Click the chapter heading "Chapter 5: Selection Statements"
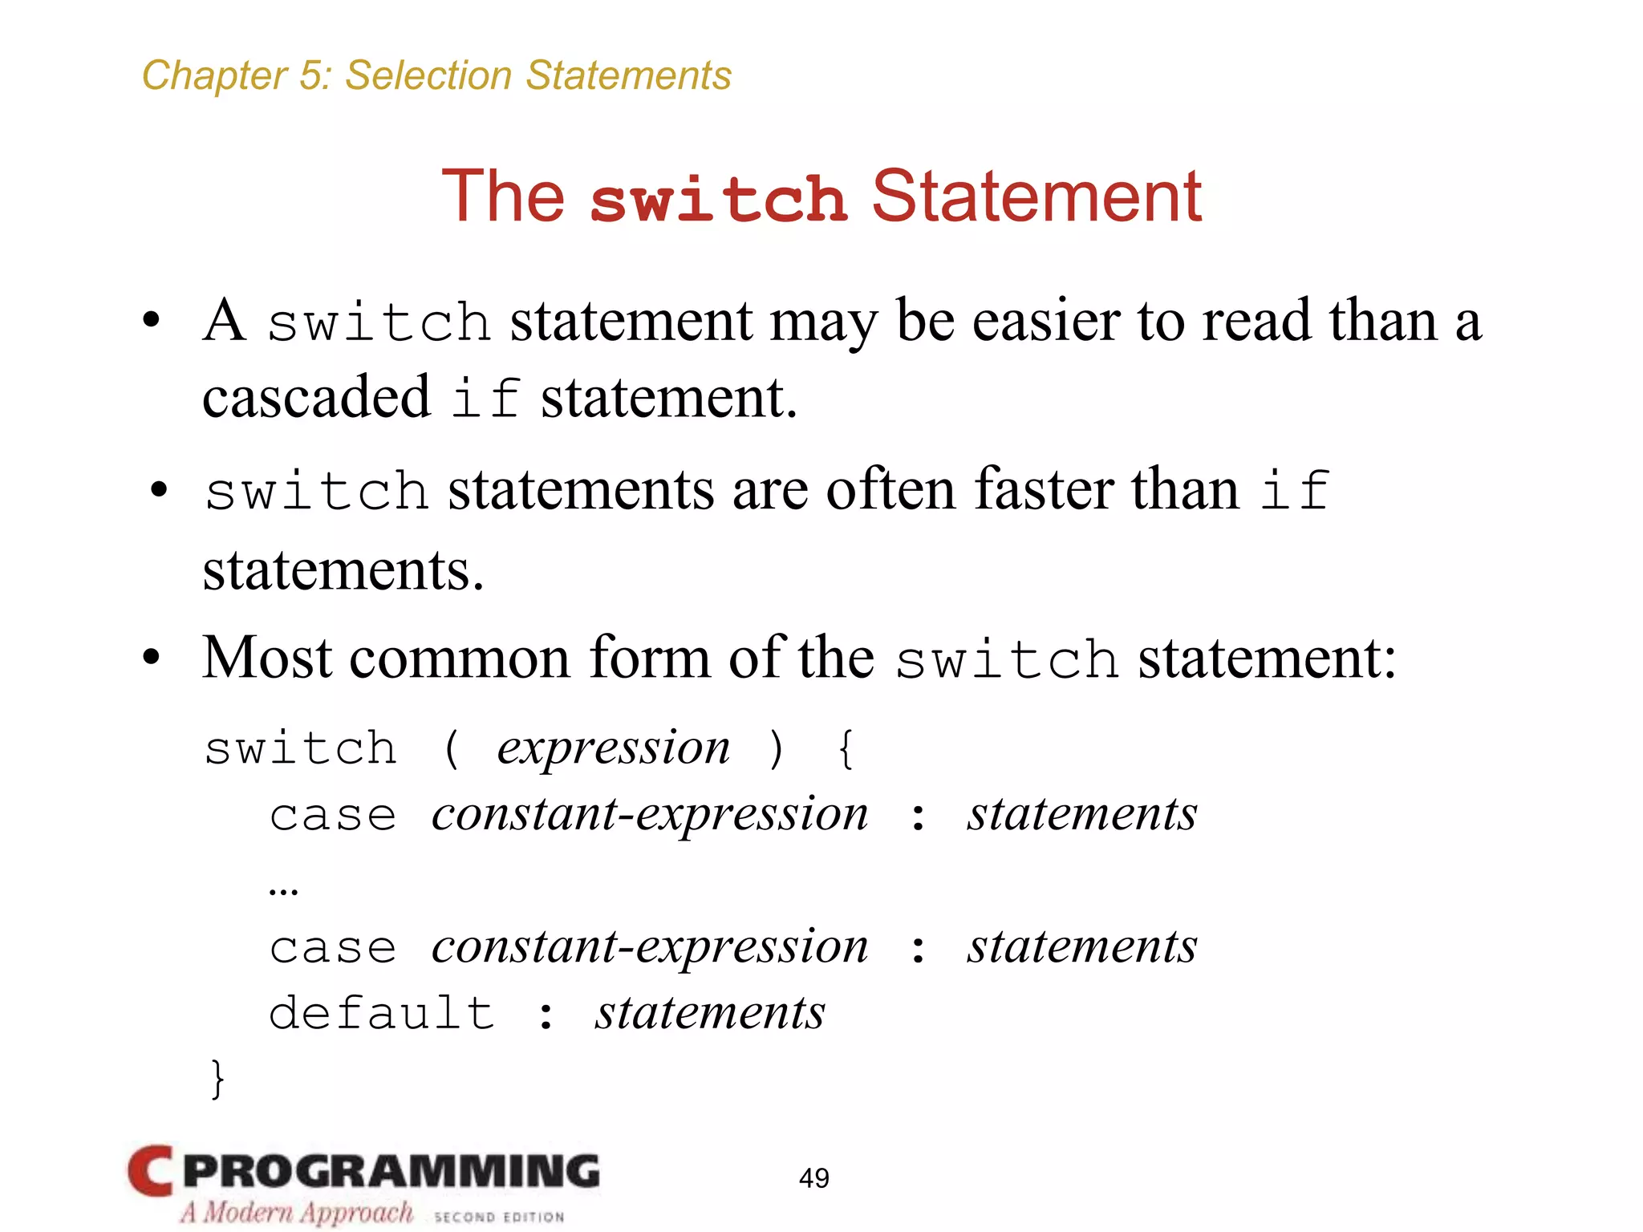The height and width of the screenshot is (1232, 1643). tap(436, 76)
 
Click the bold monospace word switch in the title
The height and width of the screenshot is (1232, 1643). tap(718, 199)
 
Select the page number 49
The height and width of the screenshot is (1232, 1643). tap(813, 1178)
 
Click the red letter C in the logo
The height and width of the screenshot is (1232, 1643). tap(151, 1172)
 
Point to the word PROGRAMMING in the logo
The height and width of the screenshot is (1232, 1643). tap(391, 1172)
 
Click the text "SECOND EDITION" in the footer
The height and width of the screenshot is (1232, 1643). tap(499, 1217)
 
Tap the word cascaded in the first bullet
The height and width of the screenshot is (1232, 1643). tap(316, 397)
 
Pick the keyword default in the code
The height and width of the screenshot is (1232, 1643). tap(381, 1013)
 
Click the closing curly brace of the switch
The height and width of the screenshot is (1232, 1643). tap(217, 1079)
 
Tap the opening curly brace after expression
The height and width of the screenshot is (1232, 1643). tap(846, 749)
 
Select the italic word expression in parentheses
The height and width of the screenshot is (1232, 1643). tap(614, 749)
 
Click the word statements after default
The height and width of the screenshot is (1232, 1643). tap(710, 1013)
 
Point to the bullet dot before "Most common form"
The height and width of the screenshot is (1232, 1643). tap(152, 659)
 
